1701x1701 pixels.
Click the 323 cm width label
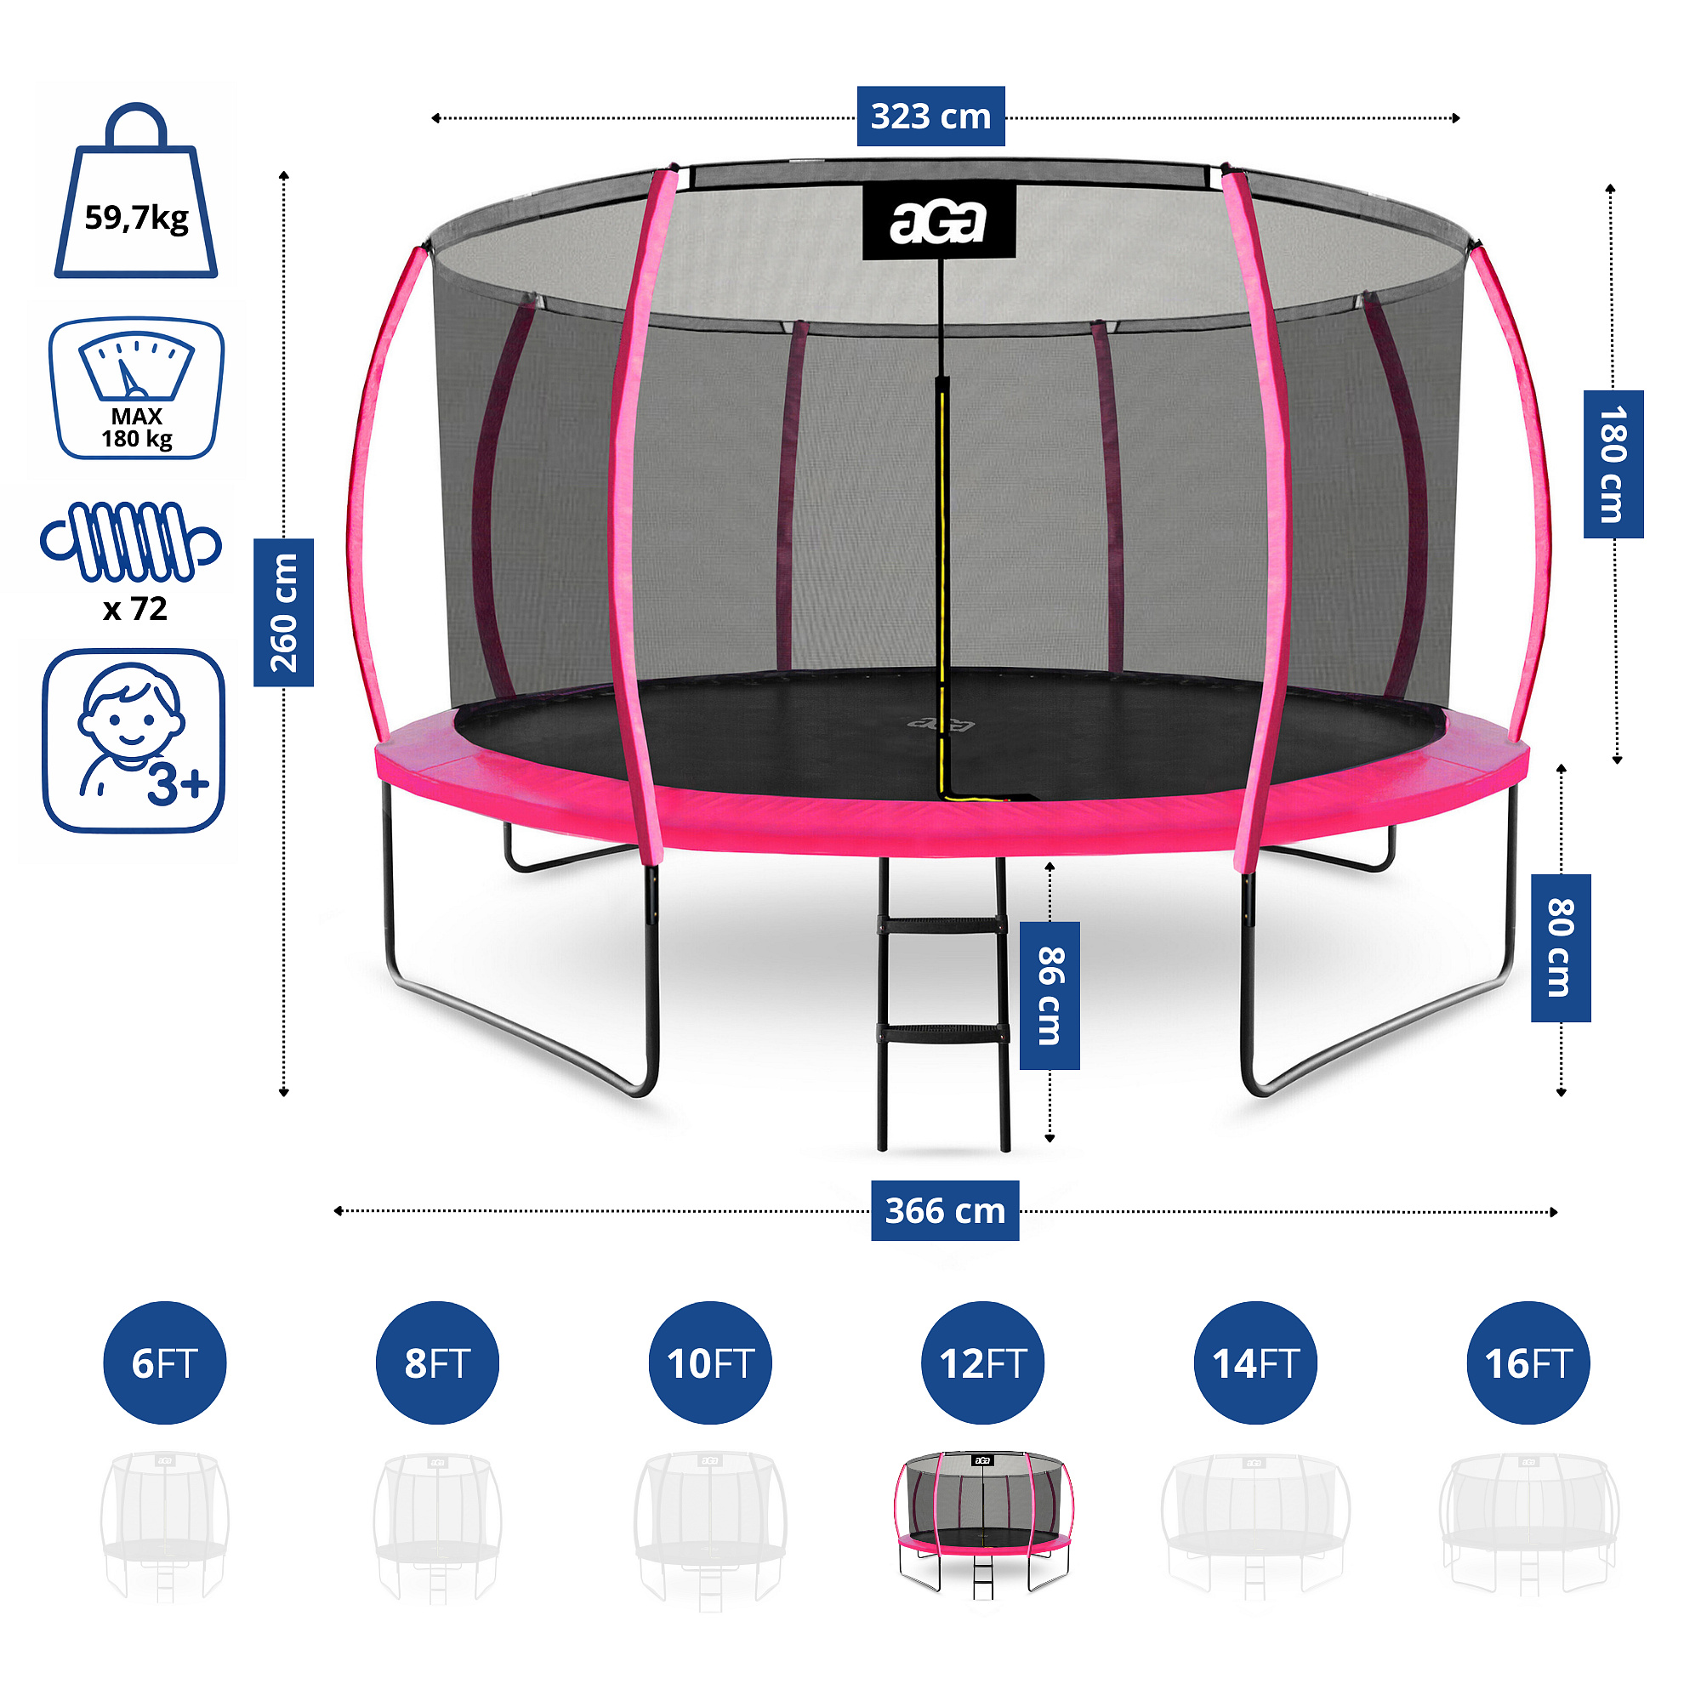(930, 117)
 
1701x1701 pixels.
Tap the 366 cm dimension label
(945, 1210)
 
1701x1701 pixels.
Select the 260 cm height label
(283, 612)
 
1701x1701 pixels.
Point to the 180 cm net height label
(1613, 464)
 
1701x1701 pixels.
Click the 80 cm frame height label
(1560, 947)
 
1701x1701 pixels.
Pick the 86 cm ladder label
(1050, 996)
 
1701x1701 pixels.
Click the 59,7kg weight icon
(136, 194)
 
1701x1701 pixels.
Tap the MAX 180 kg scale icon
(136, 389)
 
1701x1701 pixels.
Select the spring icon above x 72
(131, 542)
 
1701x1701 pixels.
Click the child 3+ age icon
(134, 741)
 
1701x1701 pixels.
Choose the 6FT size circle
(165, 1363)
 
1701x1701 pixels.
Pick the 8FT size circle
(437, 1363)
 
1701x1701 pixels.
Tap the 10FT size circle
(710, 1363)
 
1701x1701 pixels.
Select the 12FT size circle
(982, 1363)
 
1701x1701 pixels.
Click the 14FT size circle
(1255, 1363)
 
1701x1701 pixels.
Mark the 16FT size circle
(1528, 1363)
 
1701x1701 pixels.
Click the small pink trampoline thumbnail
(983, 1524)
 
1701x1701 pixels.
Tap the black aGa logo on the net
(939, 222)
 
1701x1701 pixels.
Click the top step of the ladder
(942, 924)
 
